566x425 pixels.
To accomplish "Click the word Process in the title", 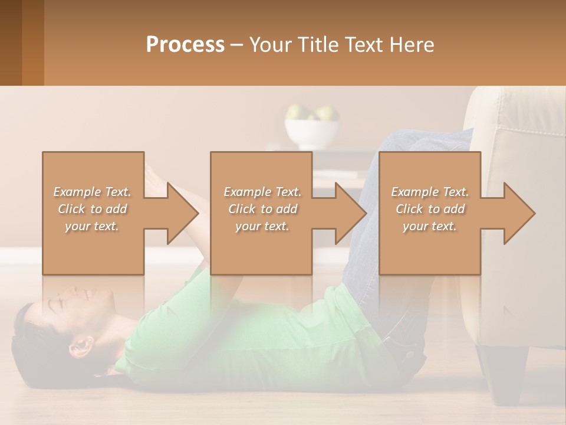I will point(185,45).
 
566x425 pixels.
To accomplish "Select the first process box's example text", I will point(92,209).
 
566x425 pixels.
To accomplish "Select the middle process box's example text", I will point(262,209).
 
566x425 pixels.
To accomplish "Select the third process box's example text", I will point(430,209).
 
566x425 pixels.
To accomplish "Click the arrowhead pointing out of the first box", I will point(183,213).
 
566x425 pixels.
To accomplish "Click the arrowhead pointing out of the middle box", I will point(351,213).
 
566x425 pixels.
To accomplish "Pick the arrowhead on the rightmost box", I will point(519,213).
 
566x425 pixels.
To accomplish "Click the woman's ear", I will point(83,344).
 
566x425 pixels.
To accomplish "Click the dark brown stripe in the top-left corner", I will point(11,42).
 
